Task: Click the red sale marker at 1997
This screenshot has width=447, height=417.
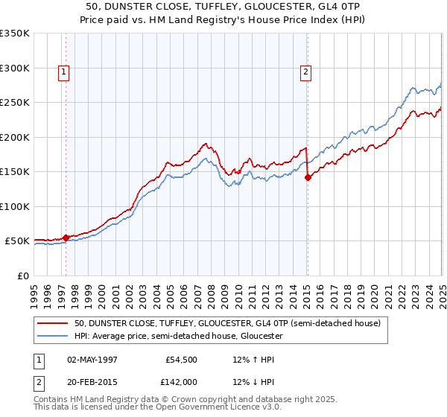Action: tap(66, 238)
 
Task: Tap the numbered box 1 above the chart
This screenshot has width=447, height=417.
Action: tap(64, 72)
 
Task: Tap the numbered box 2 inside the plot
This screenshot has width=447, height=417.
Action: tap(306, 72)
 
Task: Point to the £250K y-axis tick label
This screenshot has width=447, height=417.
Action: tap(15, 103)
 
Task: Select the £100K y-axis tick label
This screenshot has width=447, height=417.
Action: tap(15, 206)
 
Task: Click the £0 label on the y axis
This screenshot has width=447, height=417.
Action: tap(22, 276)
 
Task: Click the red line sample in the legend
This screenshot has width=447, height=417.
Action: tap(53, 323)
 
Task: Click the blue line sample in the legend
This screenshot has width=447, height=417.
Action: tap(53, 336)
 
